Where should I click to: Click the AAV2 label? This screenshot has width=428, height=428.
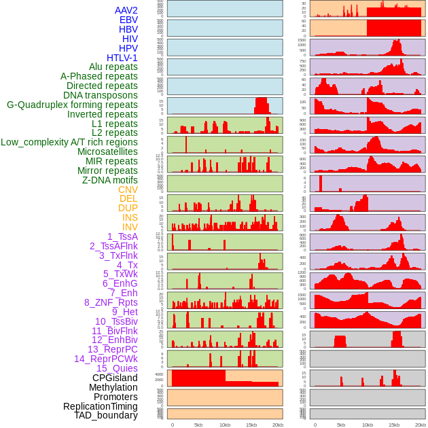coord(126,10)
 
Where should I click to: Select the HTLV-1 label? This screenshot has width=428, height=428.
coord(122,58)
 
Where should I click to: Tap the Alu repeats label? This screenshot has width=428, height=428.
coord(113,67)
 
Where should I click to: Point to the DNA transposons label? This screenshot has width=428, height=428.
coord(101,96)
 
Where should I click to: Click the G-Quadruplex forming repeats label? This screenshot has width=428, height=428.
coord(72,105)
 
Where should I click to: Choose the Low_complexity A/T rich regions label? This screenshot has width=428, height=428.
coord(69,143)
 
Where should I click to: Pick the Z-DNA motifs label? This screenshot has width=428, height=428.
coord(109,180)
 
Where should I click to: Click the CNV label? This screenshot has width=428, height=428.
coord(128,190)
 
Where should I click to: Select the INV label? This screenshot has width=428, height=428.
coord(130,227)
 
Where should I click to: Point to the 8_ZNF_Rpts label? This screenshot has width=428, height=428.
coord(111,302)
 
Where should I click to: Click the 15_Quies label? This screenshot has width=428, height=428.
coord(117,368)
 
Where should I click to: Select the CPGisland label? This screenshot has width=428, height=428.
coord(115,378)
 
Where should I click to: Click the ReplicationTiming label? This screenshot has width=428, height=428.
coord(101,406)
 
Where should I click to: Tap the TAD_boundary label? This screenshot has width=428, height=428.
coord(106,415)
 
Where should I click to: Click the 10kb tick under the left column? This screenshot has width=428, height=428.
coord(225,425)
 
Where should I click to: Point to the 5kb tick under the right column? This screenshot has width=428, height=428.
coord(342,425)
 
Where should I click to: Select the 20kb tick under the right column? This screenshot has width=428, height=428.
coord(421,425)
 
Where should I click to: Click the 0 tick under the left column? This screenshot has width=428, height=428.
coord(173,425)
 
